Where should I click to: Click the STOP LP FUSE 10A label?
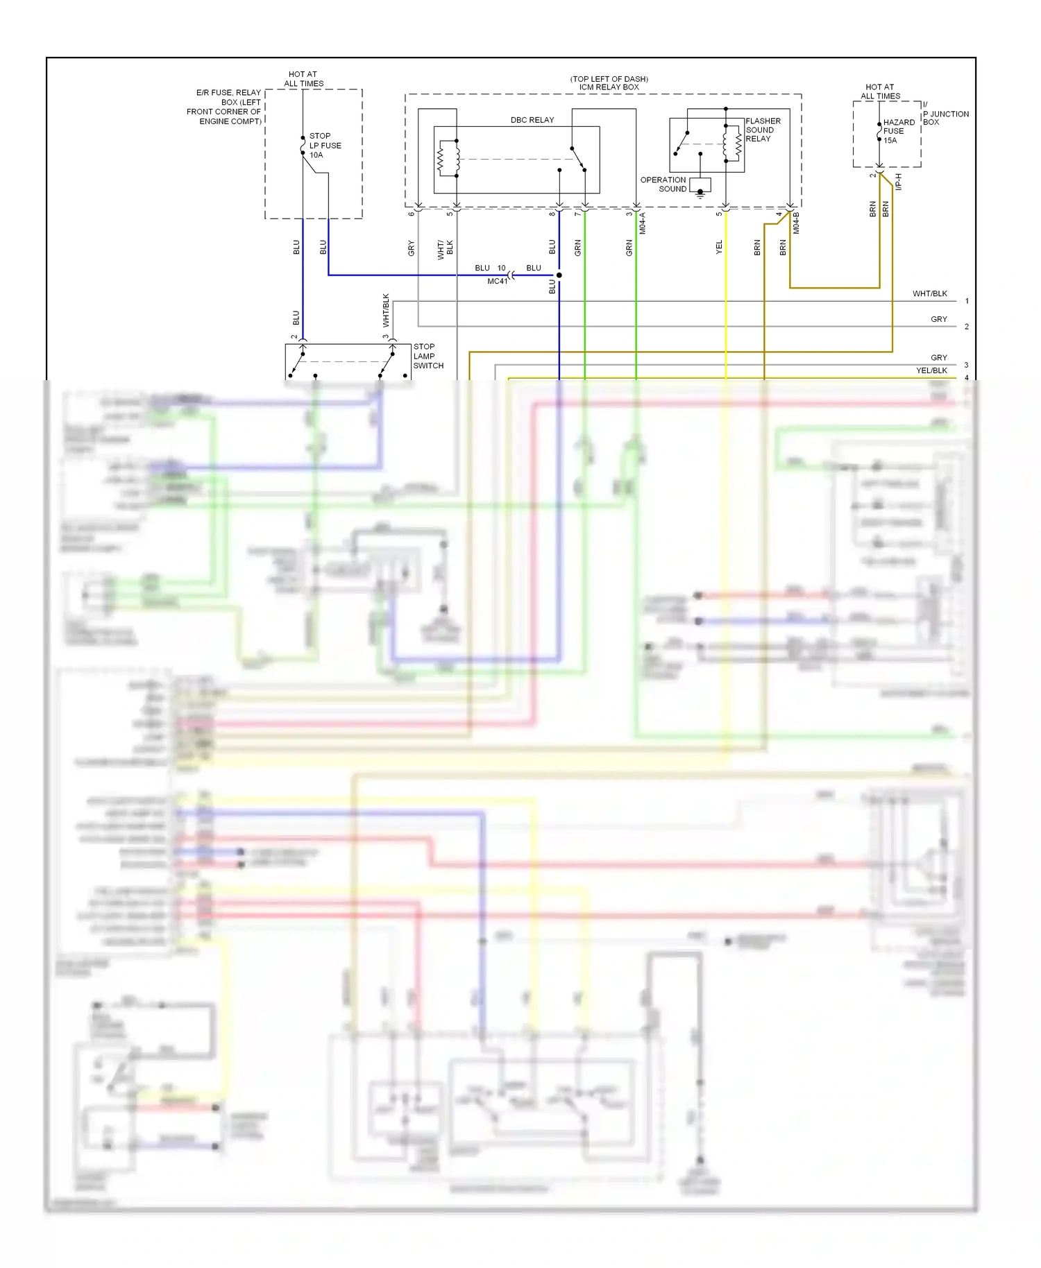[x=325, y=146]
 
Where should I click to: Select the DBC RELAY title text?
[x=532, y=120]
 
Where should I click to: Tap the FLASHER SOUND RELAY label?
[x=762, y=130]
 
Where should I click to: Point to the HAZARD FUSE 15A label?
[x=898, y=131]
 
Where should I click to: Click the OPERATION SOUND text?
[x=663, y=185]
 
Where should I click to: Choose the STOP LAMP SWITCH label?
[x=428, y=356]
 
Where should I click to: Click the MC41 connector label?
[x=497, y=282]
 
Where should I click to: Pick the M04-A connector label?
[x=643, y=223]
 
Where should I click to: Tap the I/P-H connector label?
[x=899, y=182]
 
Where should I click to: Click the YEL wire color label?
[x=719, y=247]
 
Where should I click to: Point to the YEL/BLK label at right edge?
[x=931, y=370]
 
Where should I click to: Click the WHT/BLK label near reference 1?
[x=929, y=294]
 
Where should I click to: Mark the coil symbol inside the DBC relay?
[x=441, y=159]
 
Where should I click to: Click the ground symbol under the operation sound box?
[x=700, y=194]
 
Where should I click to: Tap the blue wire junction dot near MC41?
[x=559, y=275]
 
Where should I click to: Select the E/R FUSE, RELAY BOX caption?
[x=223, y=107]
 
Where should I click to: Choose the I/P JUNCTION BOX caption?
[x=945, y=114]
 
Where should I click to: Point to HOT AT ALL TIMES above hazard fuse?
[x=880, y=92]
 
